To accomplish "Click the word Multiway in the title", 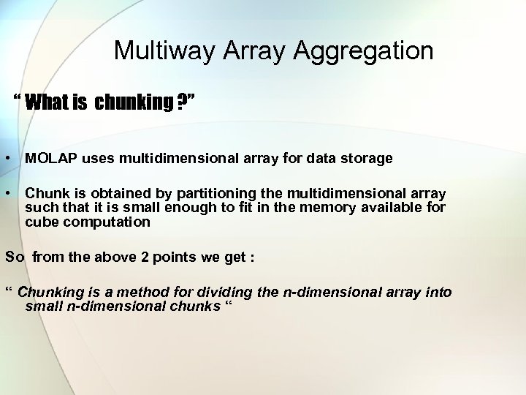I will [154, 51].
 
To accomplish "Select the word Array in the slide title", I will [245, 51].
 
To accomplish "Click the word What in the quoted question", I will [45, 102].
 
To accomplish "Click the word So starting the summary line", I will [14, 257].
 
